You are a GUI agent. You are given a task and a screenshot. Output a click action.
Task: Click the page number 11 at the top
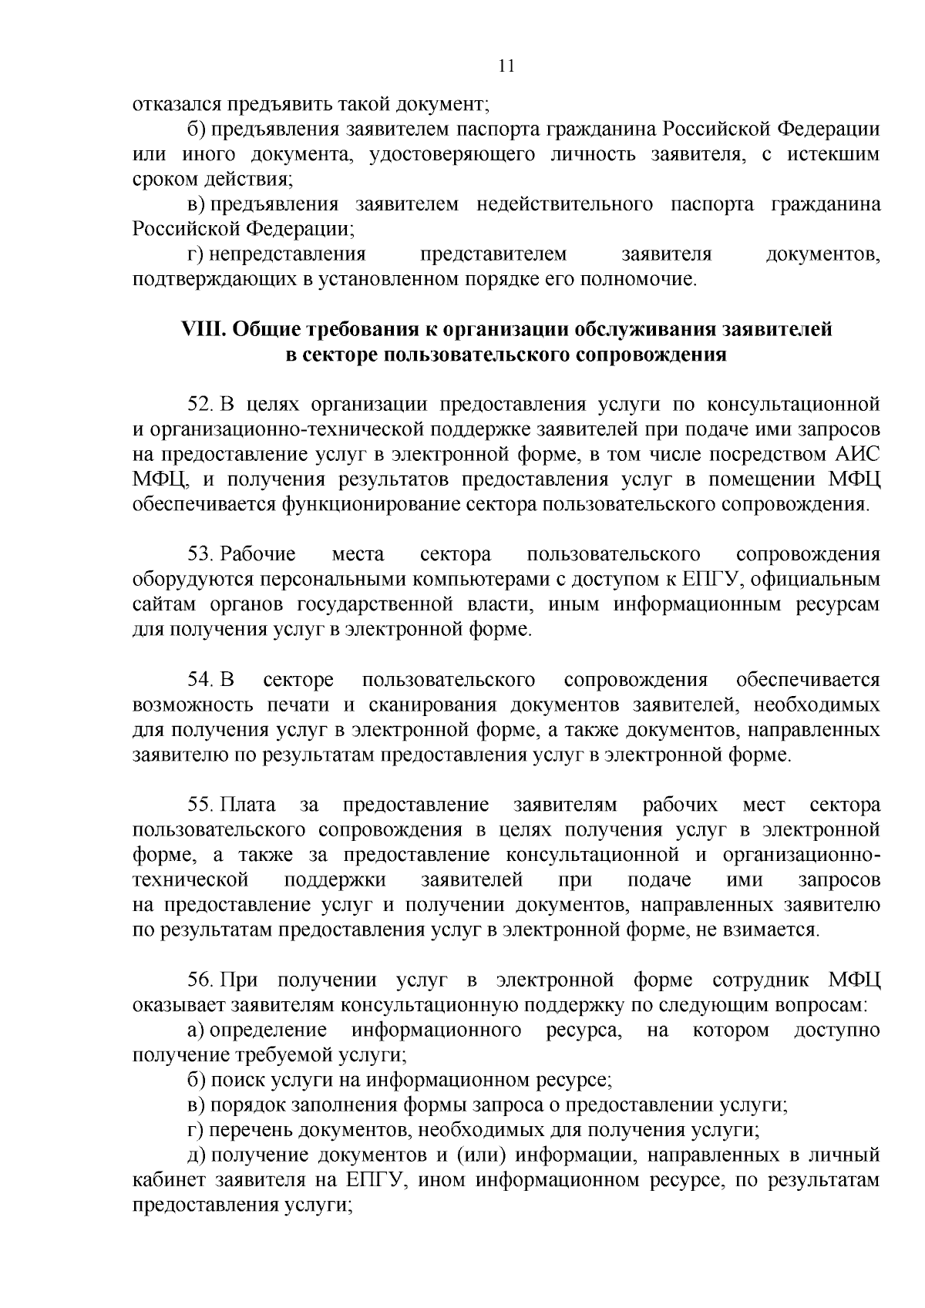[506, 66]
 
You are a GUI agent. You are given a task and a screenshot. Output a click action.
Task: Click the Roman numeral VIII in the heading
[201, 329]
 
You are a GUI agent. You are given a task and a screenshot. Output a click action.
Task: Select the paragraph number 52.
[200, 404]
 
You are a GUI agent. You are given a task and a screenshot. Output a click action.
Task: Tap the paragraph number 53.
[200, 554]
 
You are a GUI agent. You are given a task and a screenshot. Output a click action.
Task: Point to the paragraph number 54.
[200, 680]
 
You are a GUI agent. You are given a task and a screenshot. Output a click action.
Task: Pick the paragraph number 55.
[200, 805]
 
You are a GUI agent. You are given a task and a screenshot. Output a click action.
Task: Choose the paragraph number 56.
[200, 980]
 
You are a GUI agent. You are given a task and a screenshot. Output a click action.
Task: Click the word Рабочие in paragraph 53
[258, 554]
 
